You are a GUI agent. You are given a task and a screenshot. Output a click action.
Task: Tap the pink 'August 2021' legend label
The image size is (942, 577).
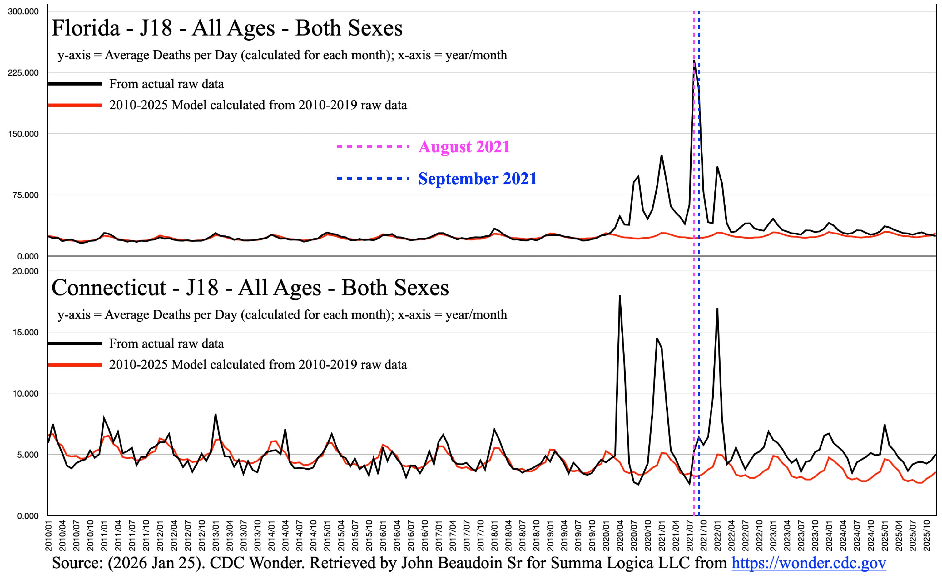pos(464,147)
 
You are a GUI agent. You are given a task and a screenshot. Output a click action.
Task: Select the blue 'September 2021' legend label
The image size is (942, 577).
pos(477,179)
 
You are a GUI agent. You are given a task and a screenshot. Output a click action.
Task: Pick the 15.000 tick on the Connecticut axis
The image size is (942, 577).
pos(25,333)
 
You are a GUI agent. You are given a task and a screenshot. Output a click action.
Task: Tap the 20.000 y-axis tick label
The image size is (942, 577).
pos(25,271)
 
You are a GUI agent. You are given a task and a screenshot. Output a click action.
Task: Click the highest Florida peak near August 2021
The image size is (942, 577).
pos(694,60)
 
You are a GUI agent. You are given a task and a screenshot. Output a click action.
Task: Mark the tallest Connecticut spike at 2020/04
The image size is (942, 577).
pos(619,295)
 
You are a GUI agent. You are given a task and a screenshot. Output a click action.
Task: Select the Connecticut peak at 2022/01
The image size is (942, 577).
pos(717,309)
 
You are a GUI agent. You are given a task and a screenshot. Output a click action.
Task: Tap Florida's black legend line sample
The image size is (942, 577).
pos(75,84)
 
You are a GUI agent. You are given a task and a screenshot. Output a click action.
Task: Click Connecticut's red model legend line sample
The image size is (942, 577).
pos(75,365)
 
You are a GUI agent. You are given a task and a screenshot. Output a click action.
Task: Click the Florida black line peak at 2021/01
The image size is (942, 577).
pos(662,155)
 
